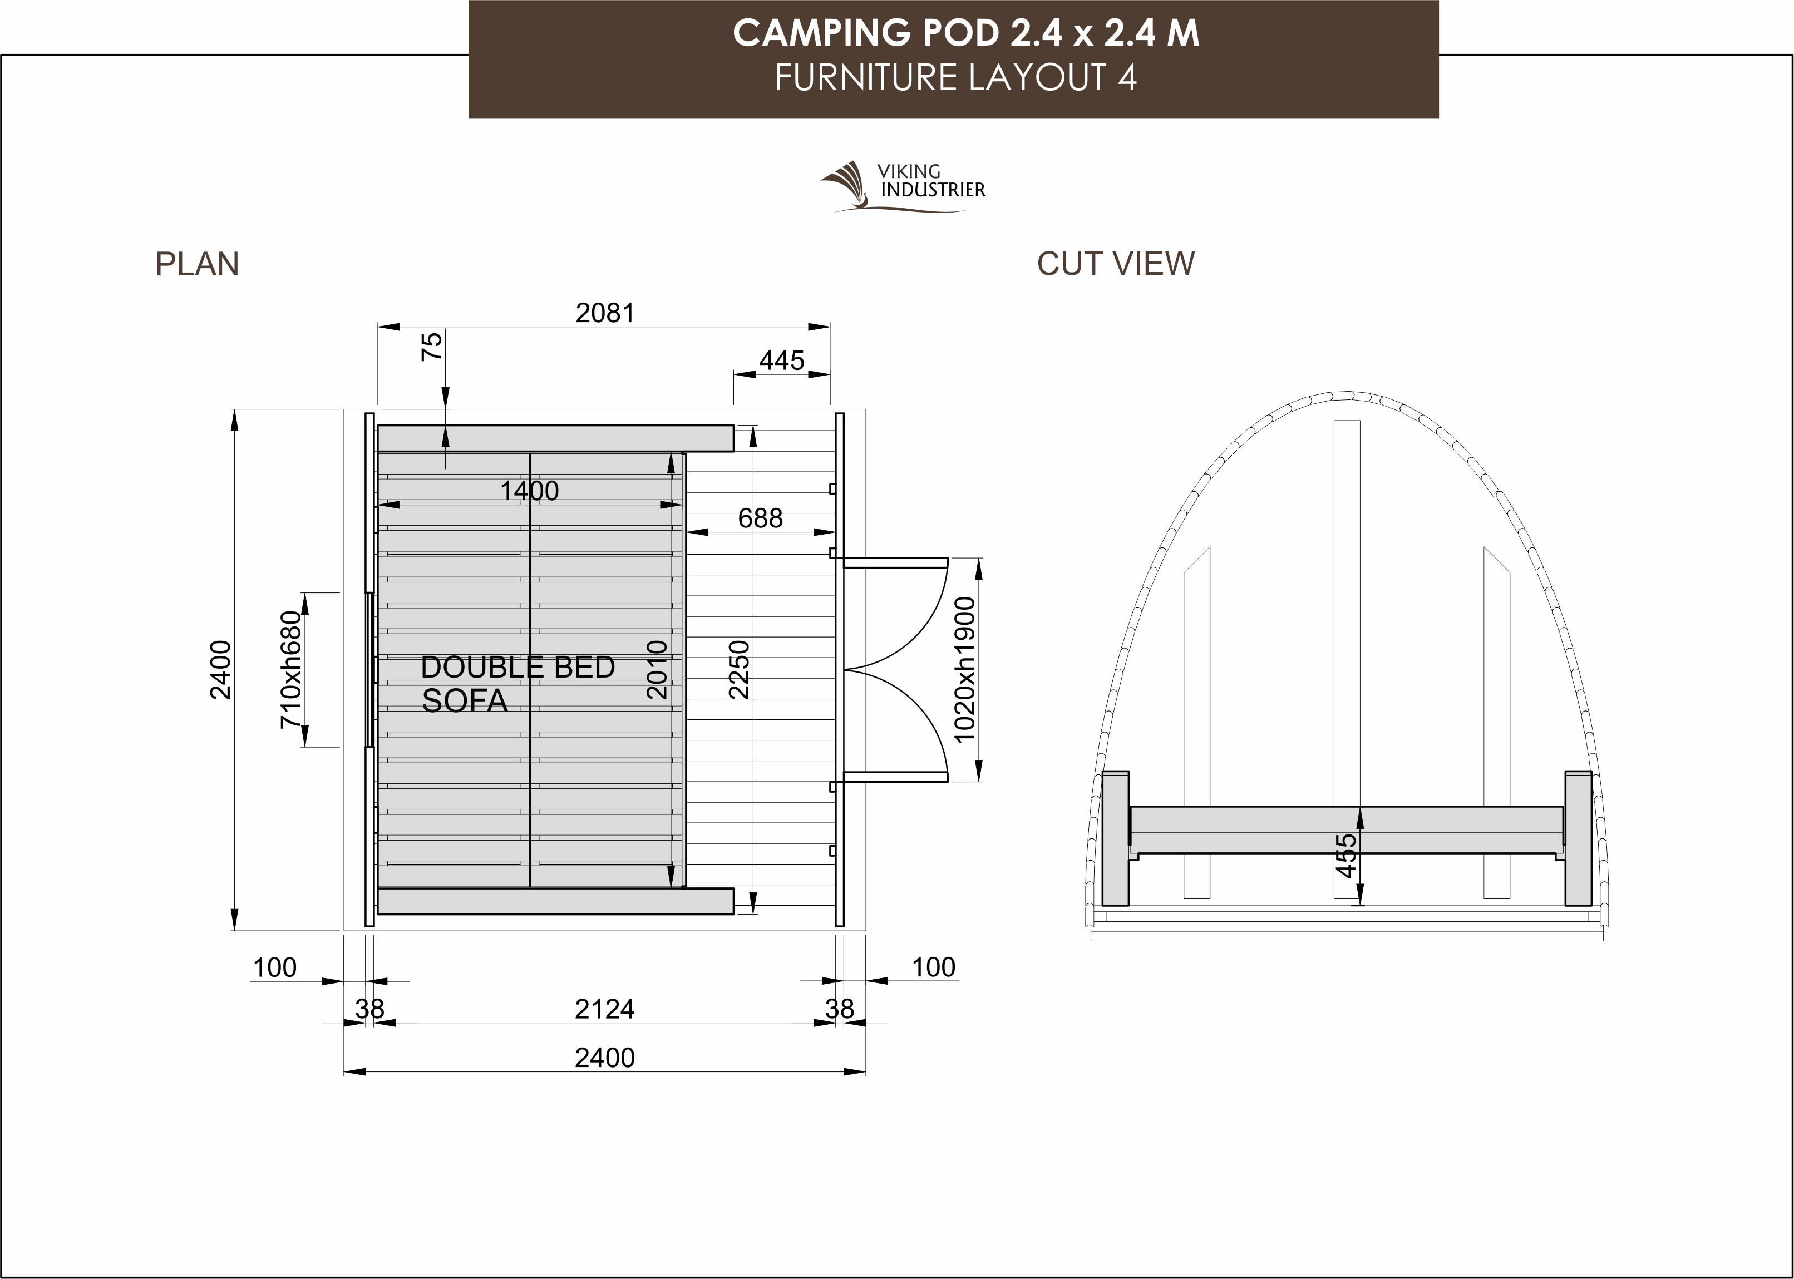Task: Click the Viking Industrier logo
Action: (903, 187)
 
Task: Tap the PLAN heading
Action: (197, 264)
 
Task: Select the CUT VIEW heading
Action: (1115, 264)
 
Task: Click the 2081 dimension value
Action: (605, 313)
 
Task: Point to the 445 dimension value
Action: (781, 361)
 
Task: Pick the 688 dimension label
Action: (760, 518)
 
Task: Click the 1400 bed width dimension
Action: (529, 491)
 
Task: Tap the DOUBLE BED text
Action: (517, 667)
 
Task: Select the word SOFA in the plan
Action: (465, 701)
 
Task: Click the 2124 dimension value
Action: (605, 1009)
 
